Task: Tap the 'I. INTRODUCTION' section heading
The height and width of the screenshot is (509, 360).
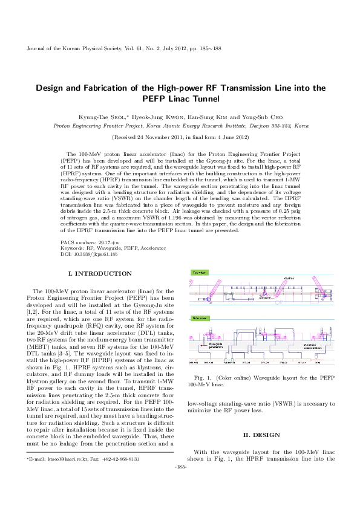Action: point(100,274)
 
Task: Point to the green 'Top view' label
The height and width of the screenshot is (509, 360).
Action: point(199,273)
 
